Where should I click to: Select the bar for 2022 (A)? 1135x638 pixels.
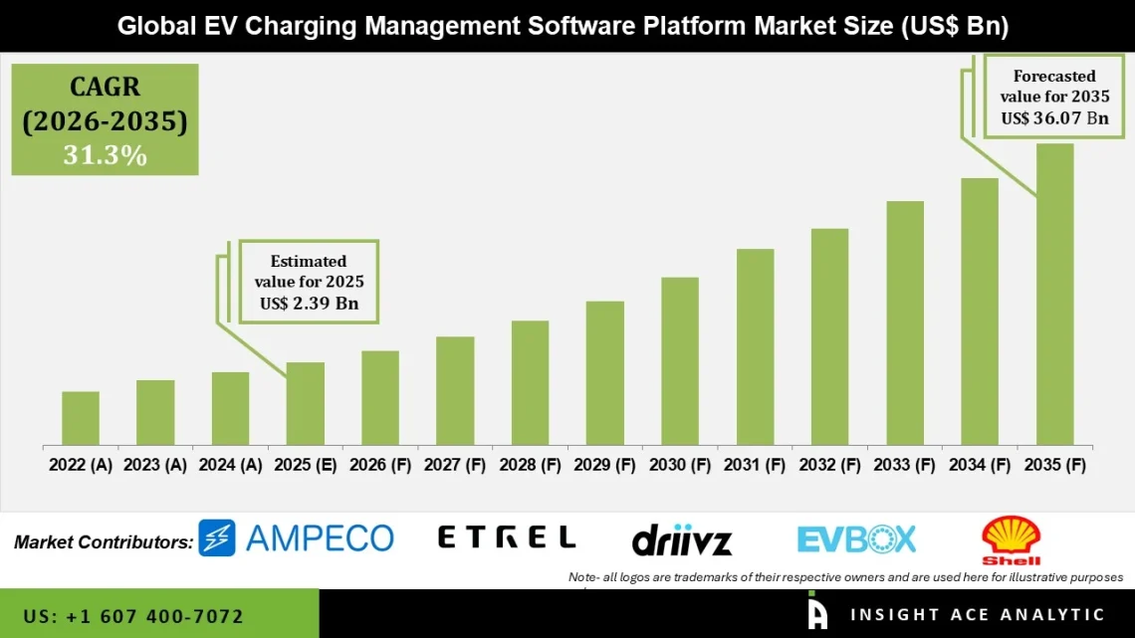(81, 418)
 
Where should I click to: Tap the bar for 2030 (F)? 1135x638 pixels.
(680, 360)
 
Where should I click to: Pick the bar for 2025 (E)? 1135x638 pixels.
(306, 403)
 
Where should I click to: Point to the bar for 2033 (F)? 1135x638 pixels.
(905, 322)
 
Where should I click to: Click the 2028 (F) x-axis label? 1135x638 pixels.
(530, 465)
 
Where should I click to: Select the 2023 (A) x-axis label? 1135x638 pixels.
(155, 465)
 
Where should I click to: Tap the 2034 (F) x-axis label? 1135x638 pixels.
(980, 465)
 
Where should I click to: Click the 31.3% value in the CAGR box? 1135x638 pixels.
(105, 155)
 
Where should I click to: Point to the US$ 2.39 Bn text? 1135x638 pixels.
(309, 304)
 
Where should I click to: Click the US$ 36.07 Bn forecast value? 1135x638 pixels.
(1054, 118)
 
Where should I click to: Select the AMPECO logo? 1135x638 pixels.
(296, 537)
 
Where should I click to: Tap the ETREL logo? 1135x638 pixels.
(507, 537)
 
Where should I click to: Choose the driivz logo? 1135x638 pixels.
(682, 540)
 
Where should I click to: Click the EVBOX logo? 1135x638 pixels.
(856, 538)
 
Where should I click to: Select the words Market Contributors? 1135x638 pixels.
(104, 542)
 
